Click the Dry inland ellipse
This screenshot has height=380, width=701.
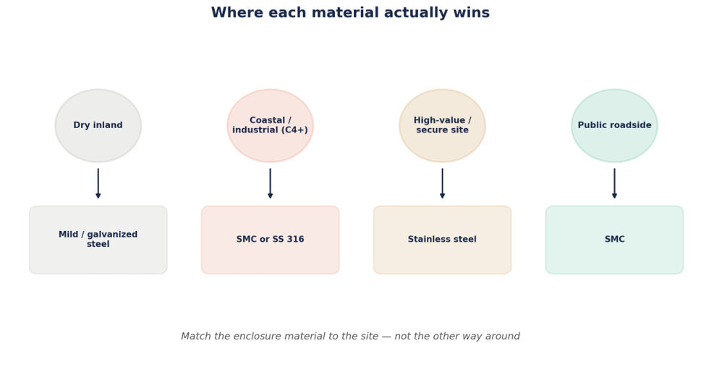pyautogui.click(x=98, y=126)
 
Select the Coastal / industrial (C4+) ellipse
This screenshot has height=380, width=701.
pyautogui.click(x=270, y=126)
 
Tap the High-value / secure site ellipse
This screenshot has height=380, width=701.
pyautogui.click(x=442, y=126)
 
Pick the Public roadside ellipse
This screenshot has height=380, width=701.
pyautogui.click(x=614, y=126)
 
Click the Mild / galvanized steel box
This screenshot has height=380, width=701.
pyautogui.click(x=98, y=240)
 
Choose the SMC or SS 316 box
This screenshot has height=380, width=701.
pyautogui.click(x=270, y=240)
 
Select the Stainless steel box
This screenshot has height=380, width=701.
pyautogui.click(x=442, y=240)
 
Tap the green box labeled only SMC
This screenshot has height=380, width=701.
pyautogui.click(x=614, y=240)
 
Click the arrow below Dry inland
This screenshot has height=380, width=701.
pyautogui.click(x=98, y=183)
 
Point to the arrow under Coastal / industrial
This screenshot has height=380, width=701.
pyautogui.click(x=270, y=183)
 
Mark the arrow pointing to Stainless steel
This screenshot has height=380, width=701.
pyautogui.click(x=442, y=183)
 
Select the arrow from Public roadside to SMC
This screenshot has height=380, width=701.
pyautogui.click(x=614, y=183)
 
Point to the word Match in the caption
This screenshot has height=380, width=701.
pyautogui.click(x=196, y=336)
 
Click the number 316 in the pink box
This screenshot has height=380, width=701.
pyautogui.click(x=296, y=239)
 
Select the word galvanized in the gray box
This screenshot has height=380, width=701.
pyautogui.click(x=113, y=235)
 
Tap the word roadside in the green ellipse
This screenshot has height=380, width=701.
pyautogui.click(x=632, y=125)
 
